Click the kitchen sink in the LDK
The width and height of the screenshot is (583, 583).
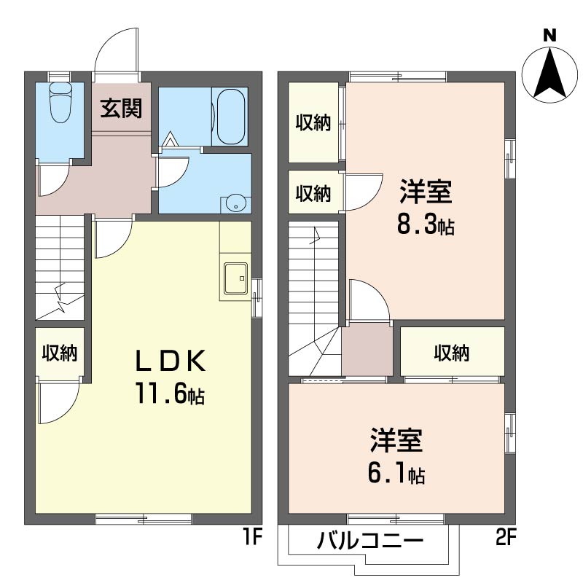click(235, 278)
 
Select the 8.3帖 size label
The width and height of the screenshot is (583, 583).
click(426, 226)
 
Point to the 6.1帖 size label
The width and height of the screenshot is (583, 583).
click(396, 474)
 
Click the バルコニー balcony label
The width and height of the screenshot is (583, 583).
click(370, 543)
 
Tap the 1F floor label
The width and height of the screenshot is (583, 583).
click(252, 539)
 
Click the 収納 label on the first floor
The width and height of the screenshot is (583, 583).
click(59, 353)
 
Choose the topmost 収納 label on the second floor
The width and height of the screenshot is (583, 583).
click(313, 123)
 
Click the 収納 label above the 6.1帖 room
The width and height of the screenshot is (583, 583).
click(452, 353)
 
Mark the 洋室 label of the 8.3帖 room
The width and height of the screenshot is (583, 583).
click(426, 193)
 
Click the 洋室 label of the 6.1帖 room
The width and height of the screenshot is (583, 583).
click(396, 442)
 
